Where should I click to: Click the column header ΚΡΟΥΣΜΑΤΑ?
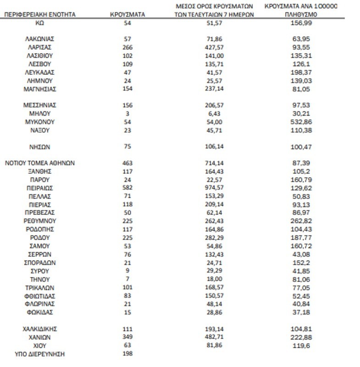(x=127, y=14)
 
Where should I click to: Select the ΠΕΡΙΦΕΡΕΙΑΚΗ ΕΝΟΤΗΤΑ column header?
(x=40, y=14)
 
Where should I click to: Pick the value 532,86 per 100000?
(x=305, y=122)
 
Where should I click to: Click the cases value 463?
(x=127, y=163)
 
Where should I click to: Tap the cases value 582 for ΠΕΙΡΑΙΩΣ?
(x=127, y=188)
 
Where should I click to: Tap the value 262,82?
(x=305, y=221)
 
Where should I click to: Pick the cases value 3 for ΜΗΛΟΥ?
(x=127, y=113)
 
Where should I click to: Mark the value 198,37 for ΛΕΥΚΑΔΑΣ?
(x=305, y=72)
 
